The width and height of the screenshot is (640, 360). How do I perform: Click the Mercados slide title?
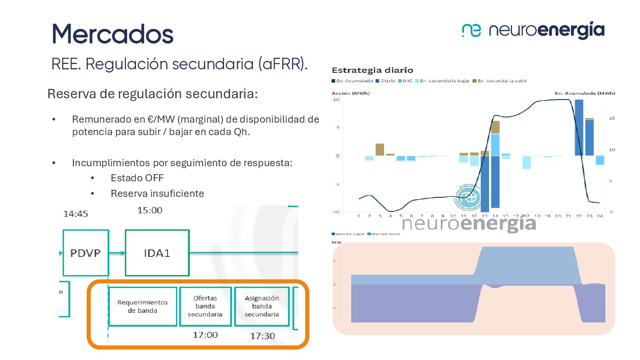tap(112, 33)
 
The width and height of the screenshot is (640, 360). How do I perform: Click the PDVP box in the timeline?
tap(86, 253)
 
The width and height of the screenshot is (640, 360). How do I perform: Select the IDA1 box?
tap(157, 253)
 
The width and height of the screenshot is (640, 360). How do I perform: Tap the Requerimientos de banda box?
tap(142, 306)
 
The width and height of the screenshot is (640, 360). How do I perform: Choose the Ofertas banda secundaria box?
tap(205, 306)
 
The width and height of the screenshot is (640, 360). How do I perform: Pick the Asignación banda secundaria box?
tap(262, 306)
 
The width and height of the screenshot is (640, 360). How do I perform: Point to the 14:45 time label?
tap(76, 214)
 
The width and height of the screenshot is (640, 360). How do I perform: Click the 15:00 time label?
tap(150, 210)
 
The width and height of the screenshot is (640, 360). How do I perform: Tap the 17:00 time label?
tap(205, 335)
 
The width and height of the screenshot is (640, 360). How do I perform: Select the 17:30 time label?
tap(262, 336)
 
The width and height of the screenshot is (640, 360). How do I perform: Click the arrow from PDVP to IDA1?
tap(117, 253)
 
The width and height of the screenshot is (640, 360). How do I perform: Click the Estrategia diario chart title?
tap(372, 70)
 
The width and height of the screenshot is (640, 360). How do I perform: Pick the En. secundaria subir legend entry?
tap(500, 81)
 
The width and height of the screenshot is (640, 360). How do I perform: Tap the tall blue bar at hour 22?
tap(579, 128)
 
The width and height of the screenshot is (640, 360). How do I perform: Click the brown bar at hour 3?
tap(380, 149)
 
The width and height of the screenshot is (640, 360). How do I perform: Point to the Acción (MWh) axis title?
tap(351, 93)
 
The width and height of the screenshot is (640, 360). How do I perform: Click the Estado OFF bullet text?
tap(137, 178)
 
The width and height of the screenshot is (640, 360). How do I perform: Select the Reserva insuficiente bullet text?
tap(157, 194)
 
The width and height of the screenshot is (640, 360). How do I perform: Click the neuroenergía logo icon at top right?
tap(471, 30)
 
